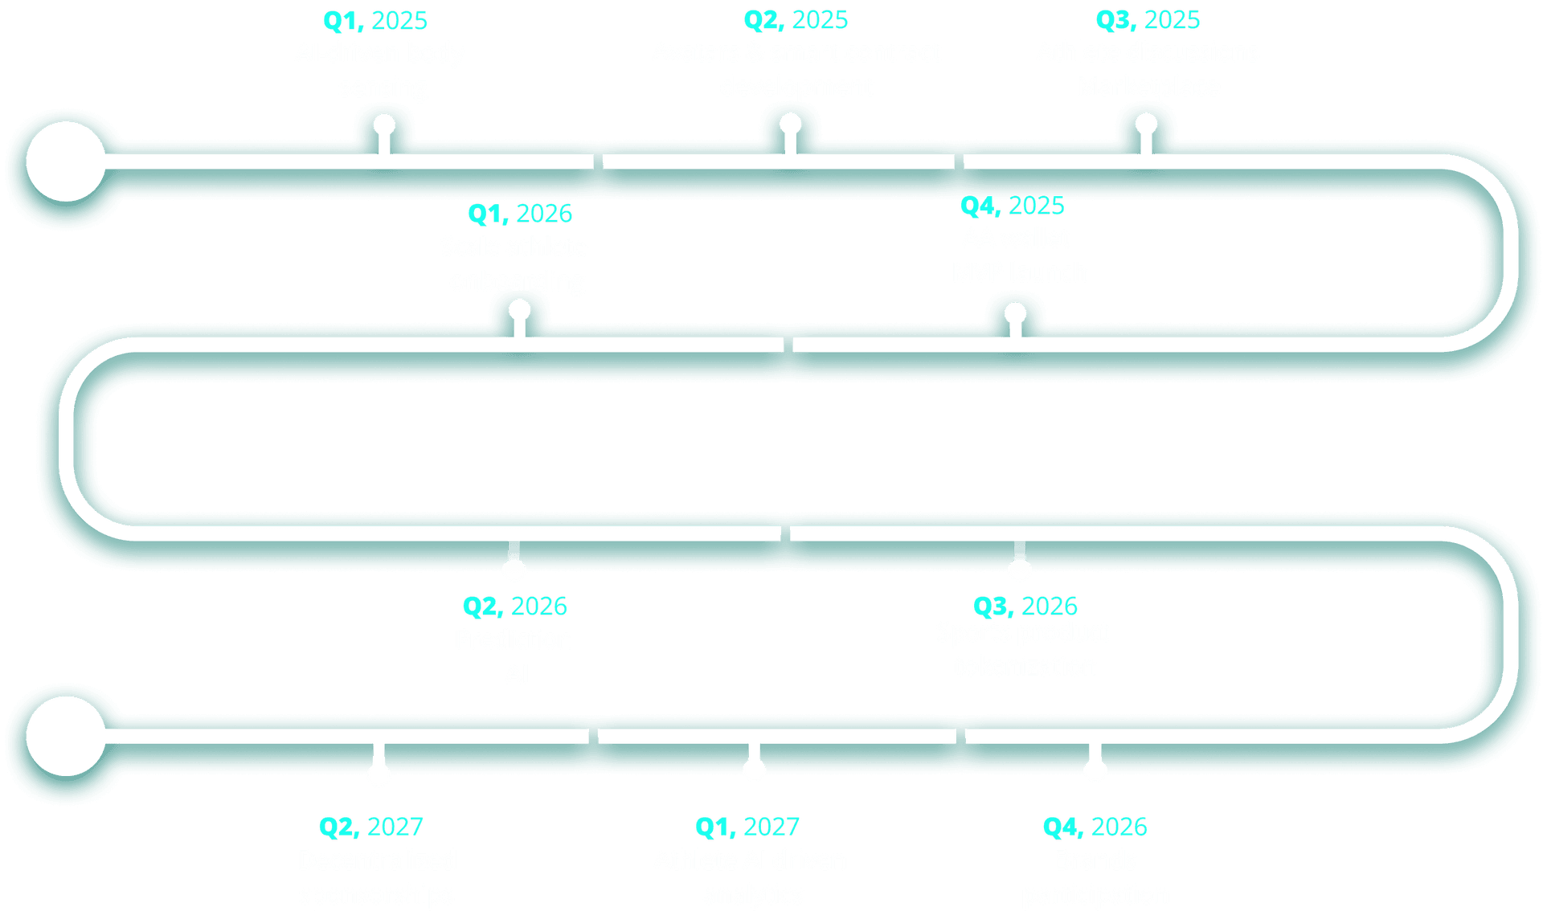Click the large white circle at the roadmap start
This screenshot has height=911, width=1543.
(66, 161)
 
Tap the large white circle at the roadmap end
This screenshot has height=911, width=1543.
(66, 736)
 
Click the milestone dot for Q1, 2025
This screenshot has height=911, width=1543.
(384, 125)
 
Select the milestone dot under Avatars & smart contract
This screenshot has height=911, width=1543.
(791, 124)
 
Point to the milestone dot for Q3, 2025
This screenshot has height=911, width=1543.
(1146, 124)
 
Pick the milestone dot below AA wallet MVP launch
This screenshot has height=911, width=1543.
(1016, 313)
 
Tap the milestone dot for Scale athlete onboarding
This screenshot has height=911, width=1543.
(520, 310)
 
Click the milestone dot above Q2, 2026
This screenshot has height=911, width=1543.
(514, 569)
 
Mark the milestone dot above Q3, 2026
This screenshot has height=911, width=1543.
(1020, 569)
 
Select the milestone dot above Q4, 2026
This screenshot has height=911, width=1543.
(1095, 770)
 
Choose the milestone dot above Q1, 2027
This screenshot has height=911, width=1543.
(754, 770)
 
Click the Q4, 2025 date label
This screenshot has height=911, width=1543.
(1013, 206)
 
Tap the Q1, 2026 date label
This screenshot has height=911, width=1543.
(520, 214)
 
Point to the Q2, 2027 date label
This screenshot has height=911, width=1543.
(371, 827)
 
